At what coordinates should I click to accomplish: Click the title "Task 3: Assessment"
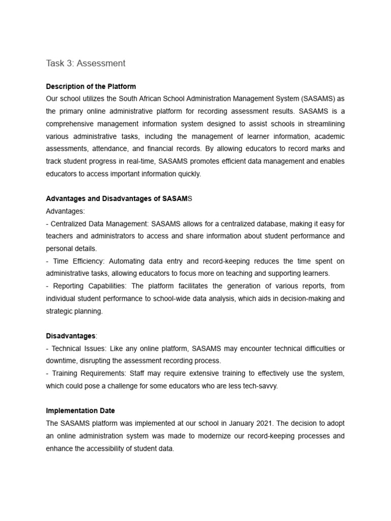[x=86, y=64]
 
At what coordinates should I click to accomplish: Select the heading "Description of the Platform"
[x=91, y=86]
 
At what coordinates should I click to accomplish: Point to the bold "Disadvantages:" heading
[x=71, y=336]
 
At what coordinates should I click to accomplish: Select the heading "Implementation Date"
[x=80, y=411]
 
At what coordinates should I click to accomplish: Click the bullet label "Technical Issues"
[x=76, y=349]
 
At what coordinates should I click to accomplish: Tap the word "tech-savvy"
[x=260, y=386]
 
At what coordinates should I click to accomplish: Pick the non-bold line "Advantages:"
[x=66, y=211]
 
